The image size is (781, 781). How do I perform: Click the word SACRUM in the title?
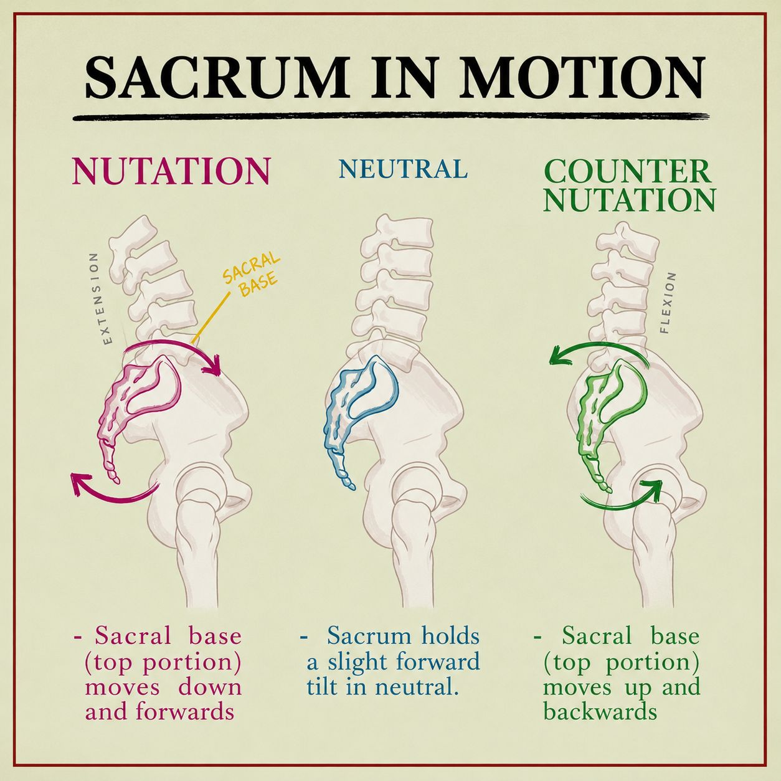217,77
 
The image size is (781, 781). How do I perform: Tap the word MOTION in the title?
582,77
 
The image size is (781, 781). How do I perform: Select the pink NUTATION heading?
171,171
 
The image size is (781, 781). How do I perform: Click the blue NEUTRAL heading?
403,169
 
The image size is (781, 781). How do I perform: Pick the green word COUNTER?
628,172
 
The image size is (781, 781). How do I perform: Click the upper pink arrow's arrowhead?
212,366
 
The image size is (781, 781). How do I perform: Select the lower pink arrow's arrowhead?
79,483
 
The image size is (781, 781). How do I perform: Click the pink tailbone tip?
116,481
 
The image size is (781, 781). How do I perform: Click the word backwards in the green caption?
600,712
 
